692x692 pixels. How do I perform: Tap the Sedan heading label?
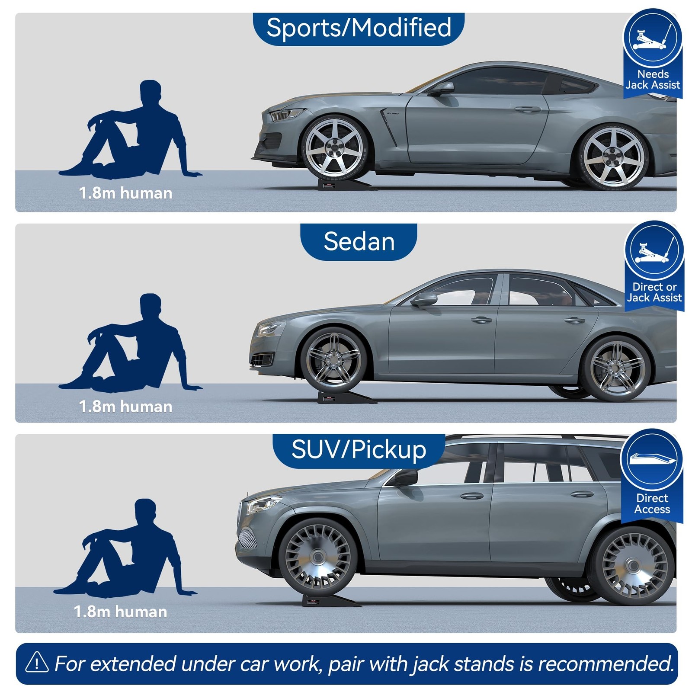click(359, 241)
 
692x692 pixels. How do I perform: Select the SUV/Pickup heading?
click(359, 450)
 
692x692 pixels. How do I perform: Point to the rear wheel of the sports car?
click(613, 157)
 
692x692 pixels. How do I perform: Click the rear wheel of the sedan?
click(616, 368)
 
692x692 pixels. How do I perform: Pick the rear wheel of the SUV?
click(633, 565)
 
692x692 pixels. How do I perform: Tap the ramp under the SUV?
click(331, 600)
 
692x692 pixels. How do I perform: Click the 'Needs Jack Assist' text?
click(653, 80)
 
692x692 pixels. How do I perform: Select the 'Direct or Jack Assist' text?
click(654, 292)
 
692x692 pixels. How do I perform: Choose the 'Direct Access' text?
click(652, 504)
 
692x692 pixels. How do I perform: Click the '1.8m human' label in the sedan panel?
click(125, 407)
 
